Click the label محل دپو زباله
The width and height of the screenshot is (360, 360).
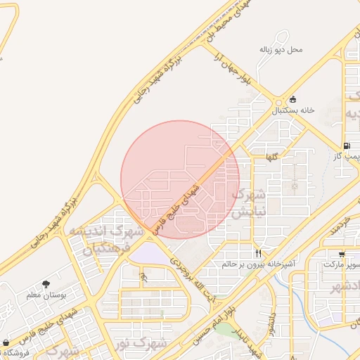pos(281,51)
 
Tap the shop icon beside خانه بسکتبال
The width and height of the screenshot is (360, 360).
pos(292,99)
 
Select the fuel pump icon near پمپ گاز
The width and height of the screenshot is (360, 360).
pos(347,145)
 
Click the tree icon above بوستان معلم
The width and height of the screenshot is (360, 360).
pos(46,284)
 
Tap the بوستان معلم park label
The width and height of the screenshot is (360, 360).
pos(46,296)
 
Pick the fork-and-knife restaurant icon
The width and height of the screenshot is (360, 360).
pos(259,253)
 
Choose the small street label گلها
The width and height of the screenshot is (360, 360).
pos(271,157)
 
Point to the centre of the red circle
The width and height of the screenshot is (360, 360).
pos(180,179)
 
